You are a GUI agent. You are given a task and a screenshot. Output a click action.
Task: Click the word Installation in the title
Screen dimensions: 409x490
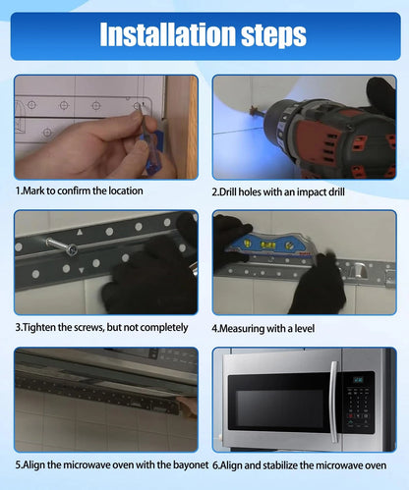coord(168,34)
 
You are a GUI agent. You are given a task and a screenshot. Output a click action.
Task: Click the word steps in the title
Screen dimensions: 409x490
coord(273,36)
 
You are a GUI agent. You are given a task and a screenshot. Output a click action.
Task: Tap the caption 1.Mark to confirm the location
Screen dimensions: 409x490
coord(80,191)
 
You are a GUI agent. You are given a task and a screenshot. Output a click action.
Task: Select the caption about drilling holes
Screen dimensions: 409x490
coord(278,191)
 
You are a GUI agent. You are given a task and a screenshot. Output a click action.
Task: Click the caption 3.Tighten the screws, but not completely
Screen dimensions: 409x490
coord(101,327)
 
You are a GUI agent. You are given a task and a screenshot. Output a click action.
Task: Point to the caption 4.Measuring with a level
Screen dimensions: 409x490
coord(263,328)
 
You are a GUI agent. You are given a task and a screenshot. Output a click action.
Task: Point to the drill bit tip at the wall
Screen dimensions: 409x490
coord(253,111)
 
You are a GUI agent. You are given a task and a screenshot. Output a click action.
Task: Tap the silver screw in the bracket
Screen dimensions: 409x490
coord(62,246)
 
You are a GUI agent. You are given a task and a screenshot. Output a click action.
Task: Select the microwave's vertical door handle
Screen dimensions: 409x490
coord(334,402)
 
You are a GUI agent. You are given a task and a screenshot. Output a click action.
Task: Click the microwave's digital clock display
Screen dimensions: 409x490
coord(359,380)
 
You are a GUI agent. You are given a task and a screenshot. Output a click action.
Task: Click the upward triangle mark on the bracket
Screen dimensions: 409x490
coord(80,233)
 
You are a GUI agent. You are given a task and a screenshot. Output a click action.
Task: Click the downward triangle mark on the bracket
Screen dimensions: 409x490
coord(82,270)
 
